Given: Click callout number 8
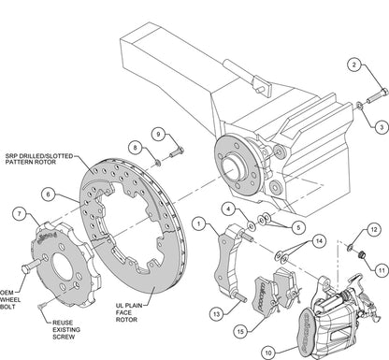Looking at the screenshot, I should pyautogui.click(x=135, y=148).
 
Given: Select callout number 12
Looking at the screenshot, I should pyautogui.click(x=373, y=230).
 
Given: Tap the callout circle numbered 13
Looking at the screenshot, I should pyautogui.click(x=216, y=314).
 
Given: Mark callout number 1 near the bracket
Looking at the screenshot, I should pyautogui.click(x=198, y=223).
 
